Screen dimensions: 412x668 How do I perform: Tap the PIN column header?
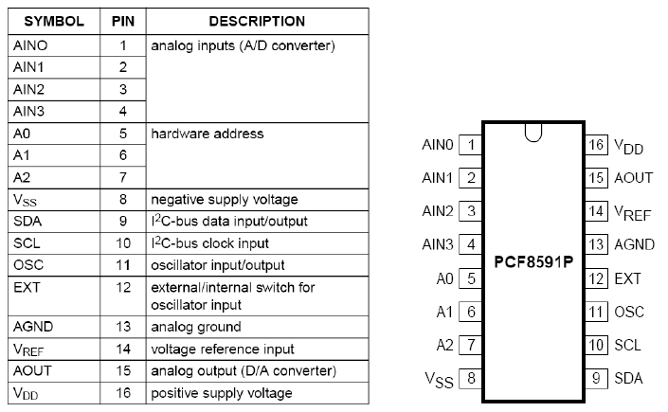[123, 20]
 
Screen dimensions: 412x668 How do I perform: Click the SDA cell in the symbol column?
[28, 220]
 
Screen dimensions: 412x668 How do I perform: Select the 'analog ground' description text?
[195, 327]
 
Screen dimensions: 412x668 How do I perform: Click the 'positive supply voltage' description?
[221, 392]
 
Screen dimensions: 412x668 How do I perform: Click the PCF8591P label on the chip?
[533, 260]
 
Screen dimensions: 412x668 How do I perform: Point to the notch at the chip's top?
[533, 134]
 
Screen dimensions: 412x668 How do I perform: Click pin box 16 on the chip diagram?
[595, 145]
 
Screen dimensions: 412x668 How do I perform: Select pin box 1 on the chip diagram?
[470, 145]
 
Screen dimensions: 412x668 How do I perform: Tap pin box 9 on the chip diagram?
[595, 378]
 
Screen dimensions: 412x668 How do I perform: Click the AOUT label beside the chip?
[634, 178]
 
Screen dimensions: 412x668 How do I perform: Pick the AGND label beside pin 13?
[634, 244]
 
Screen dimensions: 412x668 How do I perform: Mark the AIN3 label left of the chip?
[438, 244]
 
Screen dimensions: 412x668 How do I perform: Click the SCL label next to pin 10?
[627, 345]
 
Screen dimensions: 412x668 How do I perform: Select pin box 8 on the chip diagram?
[470, 378]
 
